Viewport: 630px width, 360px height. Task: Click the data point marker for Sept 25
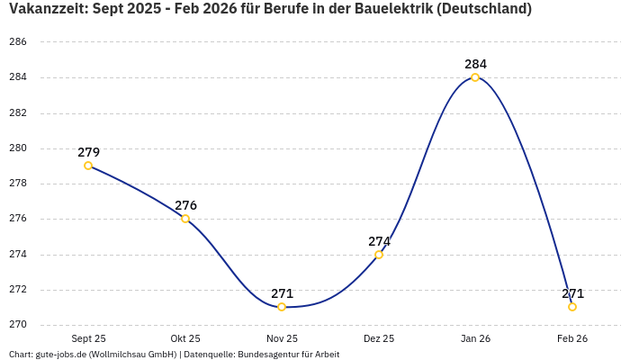[88, 166]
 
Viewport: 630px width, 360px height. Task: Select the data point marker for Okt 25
[185, 219]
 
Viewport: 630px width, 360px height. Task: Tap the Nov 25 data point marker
[282, 307]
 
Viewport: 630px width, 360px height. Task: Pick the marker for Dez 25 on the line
[379, 255]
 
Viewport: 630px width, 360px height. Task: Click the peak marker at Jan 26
[475, 77]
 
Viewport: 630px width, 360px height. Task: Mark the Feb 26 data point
[572, 307]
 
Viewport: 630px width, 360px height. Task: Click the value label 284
[475, 64]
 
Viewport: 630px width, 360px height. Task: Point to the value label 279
[88, 152]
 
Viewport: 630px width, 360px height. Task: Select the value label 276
[185, 205]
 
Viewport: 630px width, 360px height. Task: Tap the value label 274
[379, 241]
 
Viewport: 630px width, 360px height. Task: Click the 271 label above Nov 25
[282, 293]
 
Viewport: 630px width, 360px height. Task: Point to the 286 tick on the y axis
[18, 42]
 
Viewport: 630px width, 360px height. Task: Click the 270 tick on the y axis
[18, 325]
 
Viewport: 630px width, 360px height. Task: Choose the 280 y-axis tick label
[18, 148]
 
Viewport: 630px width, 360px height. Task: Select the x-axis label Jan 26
[475, 338]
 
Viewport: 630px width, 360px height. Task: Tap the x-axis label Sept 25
[88, 338]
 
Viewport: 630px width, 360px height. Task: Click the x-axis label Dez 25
[379, 338]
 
